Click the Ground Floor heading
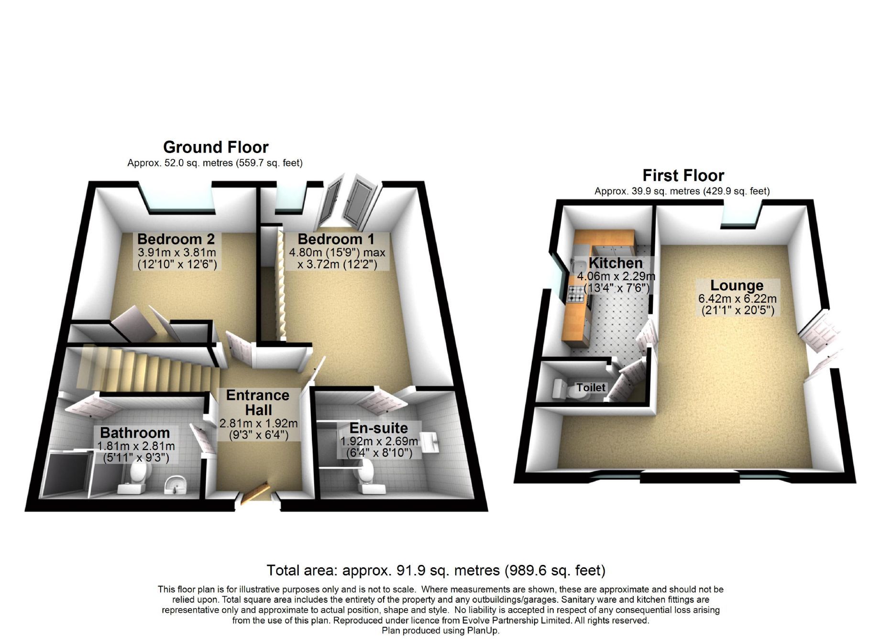(x=216, y=147)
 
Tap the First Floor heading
(x=683, y=176)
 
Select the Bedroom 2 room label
(x=176, y=239)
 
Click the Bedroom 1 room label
(x=336, y=239)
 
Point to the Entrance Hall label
(x=258, y=402)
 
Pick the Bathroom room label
(x=135, y=433)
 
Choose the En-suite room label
(x=379, y=428)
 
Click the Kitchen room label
(x=616, y=263)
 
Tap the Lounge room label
(x=737, y=286)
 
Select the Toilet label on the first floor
(x=591, y=387)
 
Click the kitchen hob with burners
(x=576, y=293)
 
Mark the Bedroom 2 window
(x=179, y=200)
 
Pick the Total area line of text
(x=436, y=570)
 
